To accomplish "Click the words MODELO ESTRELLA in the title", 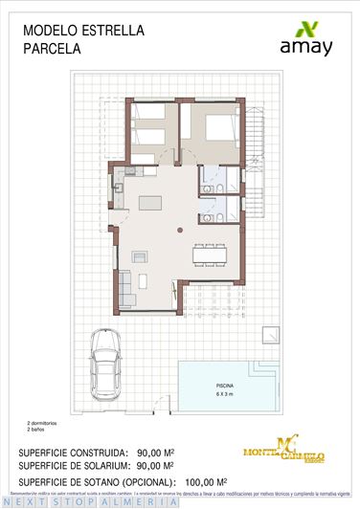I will [x=83, y=31].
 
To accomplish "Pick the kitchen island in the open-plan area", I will [x=149, y=202].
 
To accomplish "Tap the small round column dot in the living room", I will [x=179, y=231].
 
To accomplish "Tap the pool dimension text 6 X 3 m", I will [x=222, y=393].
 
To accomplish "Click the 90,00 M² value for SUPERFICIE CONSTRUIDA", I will [x=156, y=453].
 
